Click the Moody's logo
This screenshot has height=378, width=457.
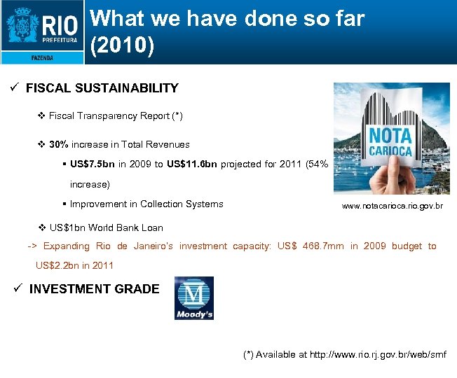194,298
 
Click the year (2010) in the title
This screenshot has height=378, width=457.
123,45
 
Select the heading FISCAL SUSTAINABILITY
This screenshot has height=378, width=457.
102,88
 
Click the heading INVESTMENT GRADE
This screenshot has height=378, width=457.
94,289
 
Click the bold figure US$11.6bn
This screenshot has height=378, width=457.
192,164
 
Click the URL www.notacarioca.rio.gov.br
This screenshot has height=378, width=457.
392,206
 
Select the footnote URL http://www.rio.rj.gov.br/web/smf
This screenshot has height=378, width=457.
378,354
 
